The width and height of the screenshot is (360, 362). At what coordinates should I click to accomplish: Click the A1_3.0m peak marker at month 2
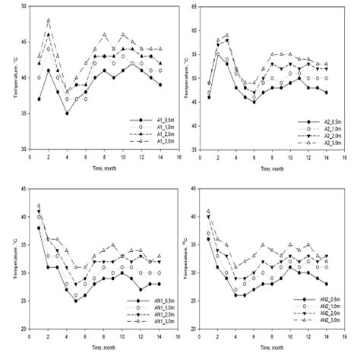(49, 20)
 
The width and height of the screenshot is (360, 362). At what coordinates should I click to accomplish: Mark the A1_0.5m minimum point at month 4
(68, 113)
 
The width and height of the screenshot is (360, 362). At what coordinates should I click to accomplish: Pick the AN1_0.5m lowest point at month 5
(76, 301)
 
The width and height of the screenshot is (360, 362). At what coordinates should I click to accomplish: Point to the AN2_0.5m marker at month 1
(209, 239)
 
